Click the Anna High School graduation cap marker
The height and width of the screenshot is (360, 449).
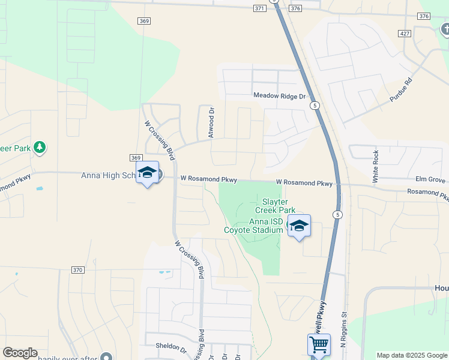coord(147,173)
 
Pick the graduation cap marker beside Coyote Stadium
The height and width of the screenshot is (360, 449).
coord(299,226)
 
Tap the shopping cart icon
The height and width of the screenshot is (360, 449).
coord(319,345)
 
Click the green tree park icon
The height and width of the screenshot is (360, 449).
coord(40,147)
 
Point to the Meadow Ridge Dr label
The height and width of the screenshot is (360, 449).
coord(279,96)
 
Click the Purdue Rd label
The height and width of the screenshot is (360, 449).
coord(401,89)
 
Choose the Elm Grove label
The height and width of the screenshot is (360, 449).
coord(430,179)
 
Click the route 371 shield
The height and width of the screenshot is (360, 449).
coord(259,8)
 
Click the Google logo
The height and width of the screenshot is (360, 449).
coord(20,353)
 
